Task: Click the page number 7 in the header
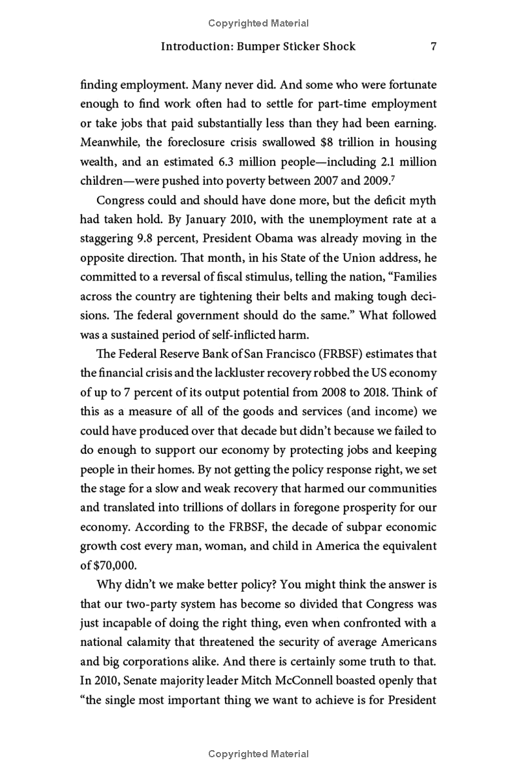434,47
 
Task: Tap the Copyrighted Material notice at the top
258,23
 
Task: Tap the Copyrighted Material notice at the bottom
258,754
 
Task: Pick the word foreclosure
200,142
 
